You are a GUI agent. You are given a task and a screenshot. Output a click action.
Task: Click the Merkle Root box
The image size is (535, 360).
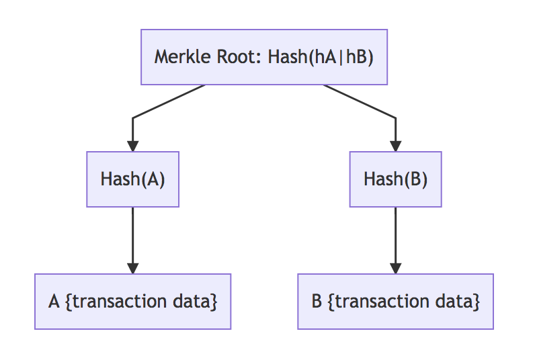pos(264,57)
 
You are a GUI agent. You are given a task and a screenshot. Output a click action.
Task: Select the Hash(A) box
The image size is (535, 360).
pos(132,179)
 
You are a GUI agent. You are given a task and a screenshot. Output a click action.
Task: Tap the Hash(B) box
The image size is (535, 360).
pos(395,179)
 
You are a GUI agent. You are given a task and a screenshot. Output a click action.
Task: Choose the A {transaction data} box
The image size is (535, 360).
pos(132,302)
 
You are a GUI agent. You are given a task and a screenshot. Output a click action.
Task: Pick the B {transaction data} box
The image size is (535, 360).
pos(395,302)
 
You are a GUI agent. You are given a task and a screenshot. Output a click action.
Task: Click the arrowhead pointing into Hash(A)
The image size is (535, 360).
pos(132,146)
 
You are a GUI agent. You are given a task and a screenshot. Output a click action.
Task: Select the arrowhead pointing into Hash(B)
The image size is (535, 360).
pos(395,146)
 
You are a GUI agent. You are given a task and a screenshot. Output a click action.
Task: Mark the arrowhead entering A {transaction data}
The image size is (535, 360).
pos(132,268)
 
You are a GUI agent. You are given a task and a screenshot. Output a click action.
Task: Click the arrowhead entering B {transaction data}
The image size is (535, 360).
pos(395,268)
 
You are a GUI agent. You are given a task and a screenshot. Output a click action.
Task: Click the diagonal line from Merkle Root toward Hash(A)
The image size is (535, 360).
pos(168,102)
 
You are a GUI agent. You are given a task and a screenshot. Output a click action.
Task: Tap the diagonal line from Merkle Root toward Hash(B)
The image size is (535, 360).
pos(360,102)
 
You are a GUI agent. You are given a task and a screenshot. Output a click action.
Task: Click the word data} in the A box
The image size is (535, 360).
pos(200,302)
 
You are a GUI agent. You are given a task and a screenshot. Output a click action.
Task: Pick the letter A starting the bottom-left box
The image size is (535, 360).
pos(54,302)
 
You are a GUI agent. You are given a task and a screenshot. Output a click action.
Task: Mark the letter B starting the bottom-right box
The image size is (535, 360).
pos(317,302)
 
